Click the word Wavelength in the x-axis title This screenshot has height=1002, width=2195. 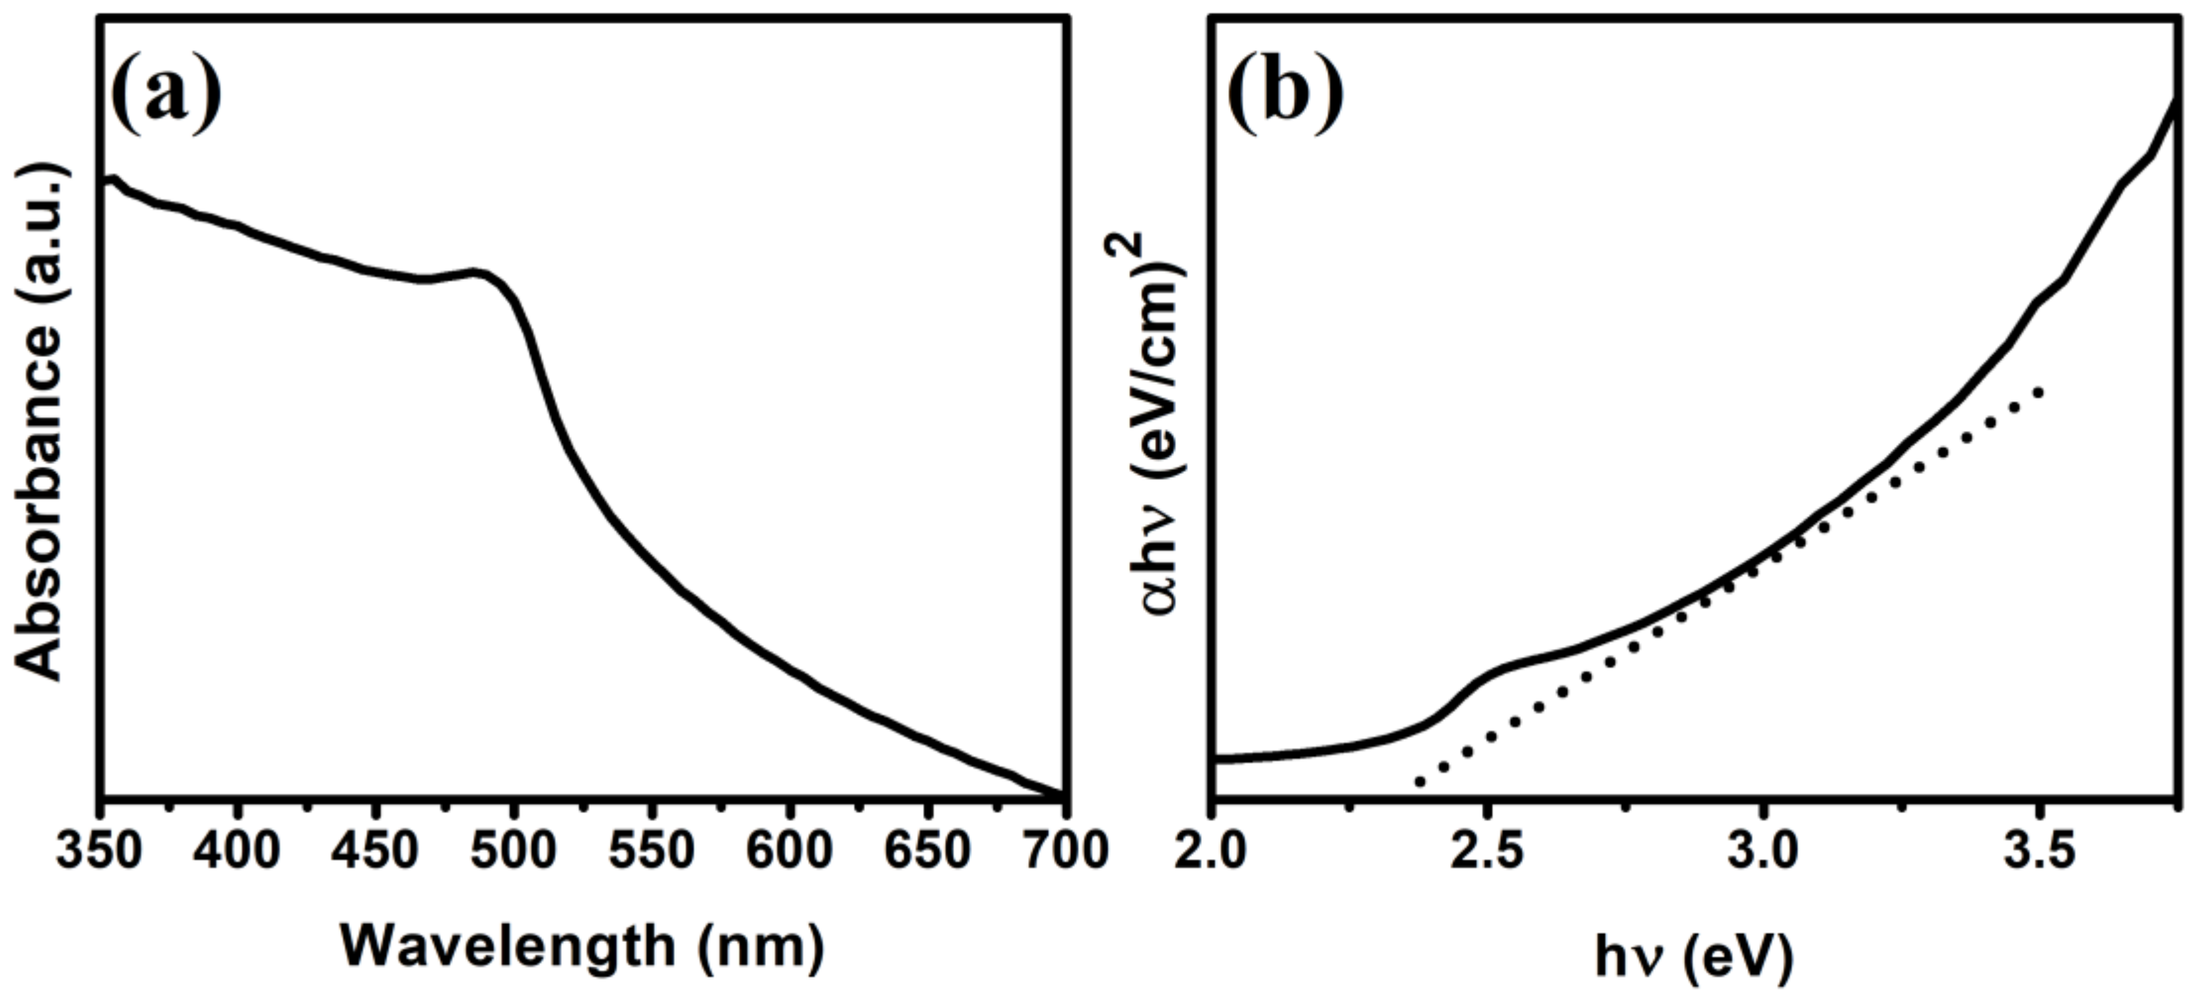pos(508,947)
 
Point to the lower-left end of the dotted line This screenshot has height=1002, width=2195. pos(1418,782)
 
